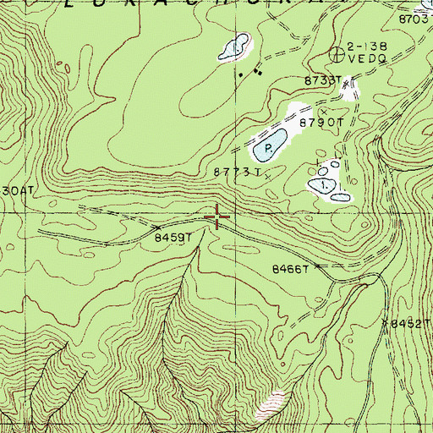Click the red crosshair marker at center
click(x=217, y=219)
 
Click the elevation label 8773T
click(x=234, y=173)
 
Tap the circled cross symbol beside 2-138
click(x=340, y=54)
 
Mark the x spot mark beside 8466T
click(x=319, y=266)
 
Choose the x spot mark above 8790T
click(x=322, y=111)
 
